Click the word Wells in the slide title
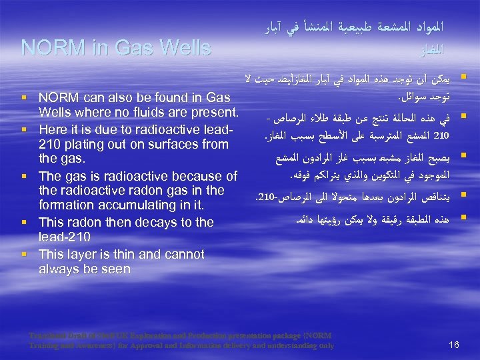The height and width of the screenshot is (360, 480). click(179, 48)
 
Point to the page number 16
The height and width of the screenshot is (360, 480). click(455, 345)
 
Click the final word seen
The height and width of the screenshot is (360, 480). click(116, 269)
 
